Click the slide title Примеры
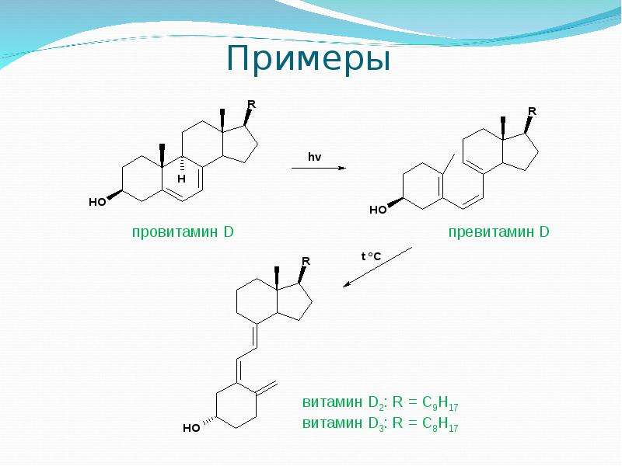tap(309, 58)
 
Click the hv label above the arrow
tap(315, 157)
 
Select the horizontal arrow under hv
tap(319, 168)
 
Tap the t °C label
tap(371, 256)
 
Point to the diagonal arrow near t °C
tap(378, 266)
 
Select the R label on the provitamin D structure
tap(251, 105)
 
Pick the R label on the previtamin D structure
tap(532, 111)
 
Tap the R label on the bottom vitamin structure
tap(306, 261)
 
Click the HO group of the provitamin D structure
tap(97, 202)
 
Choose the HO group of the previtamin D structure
tap(378, 210)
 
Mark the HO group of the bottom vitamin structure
tap(191, 428)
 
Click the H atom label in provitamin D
tap(182, 179)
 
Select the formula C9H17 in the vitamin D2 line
tap(440, 403)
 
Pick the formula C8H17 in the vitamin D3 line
tap(440, 423)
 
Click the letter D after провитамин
tap(229, 231)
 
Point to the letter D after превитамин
tap(544, 231)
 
